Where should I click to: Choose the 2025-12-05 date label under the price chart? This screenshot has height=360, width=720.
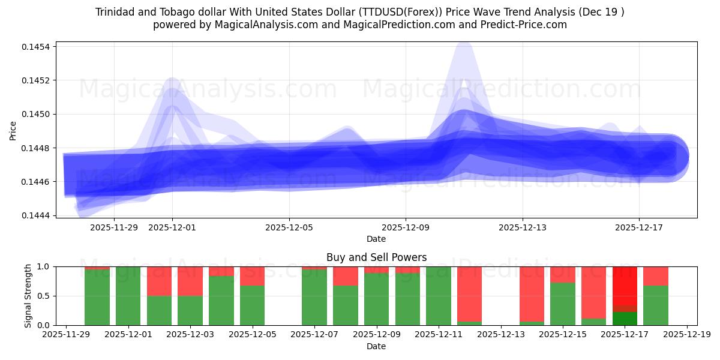289,227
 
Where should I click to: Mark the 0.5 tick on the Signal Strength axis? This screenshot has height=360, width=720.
45,296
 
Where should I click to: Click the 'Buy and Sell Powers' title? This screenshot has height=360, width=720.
376,257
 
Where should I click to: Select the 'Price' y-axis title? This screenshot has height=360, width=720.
13,130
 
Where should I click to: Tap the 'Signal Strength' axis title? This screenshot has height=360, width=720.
28,296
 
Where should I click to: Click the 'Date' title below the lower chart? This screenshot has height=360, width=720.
376,346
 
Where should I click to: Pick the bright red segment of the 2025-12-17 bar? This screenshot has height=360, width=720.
625,286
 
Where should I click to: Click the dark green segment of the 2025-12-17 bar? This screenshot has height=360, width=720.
625,319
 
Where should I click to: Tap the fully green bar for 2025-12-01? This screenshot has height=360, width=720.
128,296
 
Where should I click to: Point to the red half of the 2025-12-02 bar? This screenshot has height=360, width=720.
159,281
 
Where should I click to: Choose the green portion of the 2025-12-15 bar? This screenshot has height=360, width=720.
562,304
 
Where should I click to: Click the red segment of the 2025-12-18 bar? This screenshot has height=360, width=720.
656,276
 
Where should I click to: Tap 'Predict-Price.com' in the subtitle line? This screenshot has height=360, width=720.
524,25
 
